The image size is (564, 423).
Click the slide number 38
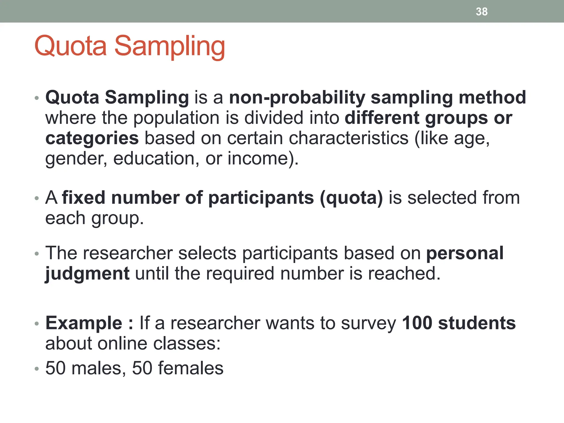point(482,12)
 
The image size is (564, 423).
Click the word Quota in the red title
point(70,46)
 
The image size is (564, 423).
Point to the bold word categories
point(92,138)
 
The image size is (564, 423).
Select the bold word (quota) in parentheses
point(351,198)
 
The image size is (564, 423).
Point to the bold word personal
point(465,253)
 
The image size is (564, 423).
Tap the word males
point(96,368)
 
